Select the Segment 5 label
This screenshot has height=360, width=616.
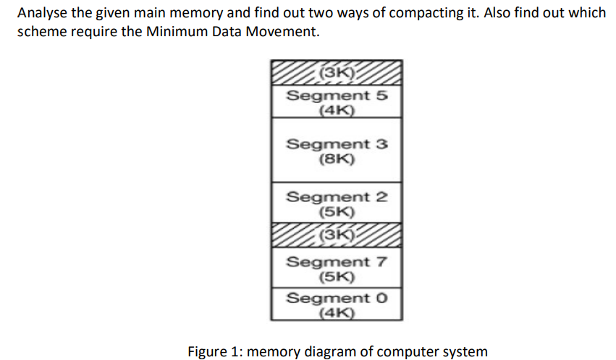click(337, 96)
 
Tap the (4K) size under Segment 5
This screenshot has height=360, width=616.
click(337, 111)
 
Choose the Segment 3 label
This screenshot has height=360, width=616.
click(337, 143)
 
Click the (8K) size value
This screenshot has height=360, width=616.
click(337, 159)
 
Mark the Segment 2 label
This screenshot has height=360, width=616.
click(337, 197)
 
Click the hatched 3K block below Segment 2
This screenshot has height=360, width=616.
click(337, 235)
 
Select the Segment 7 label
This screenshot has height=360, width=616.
click(337, 261)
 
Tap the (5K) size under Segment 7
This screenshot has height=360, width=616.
click(337, 277)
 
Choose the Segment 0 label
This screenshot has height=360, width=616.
click(337, 298)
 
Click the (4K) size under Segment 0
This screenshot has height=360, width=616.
click(337, 313)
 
